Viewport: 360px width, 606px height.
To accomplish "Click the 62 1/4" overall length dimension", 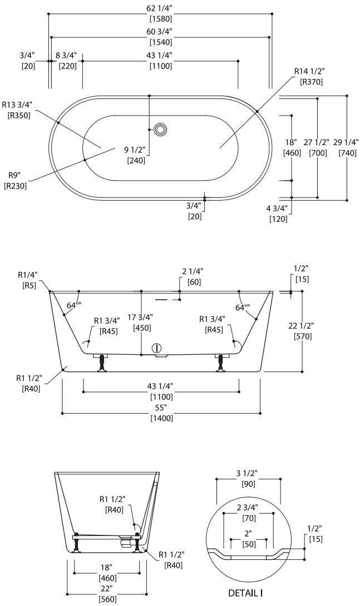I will click(160, 12).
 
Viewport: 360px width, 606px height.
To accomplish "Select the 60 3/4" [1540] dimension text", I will click(160, 36).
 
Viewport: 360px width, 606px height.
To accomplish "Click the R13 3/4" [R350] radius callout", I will click(17, 110).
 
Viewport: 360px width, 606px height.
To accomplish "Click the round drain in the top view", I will click(161, 130).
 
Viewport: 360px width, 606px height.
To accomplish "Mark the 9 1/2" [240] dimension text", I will click(135, 155).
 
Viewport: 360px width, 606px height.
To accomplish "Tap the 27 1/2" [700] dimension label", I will click(318, 147).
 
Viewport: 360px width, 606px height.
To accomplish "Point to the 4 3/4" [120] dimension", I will click(278, 214).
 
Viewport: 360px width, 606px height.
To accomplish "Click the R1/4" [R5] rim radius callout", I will click(27, 279).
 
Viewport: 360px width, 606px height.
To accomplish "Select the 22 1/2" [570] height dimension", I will click(302, 331).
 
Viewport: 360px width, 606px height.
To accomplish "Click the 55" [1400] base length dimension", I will click(160, 413).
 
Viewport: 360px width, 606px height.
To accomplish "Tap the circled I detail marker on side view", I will click(157, 348).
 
